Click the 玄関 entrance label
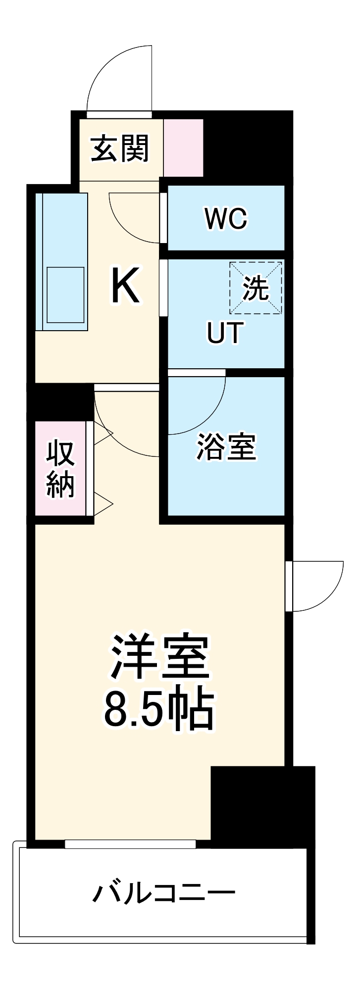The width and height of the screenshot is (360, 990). tap(119, 148)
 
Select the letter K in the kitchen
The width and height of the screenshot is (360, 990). tap(125, 286)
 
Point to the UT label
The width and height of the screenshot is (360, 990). tap(225, 333)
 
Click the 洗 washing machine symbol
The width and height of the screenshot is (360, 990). tap(256, 288)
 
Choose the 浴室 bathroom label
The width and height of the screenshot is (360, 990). tap(226, 447)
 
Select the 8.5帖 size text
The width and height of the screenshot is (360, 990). tap(158, 711)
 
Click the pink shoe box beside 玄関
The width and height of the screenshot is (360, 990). tap(183, 148)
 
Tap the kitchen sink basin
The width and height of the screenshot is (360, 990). tap(65, 295)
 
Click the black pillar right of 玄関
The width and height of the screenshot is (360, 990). tap(248, 146)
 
